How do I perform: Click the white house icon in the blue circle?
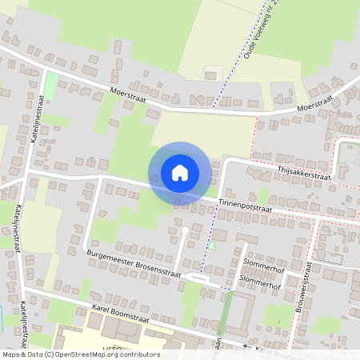[180, 172]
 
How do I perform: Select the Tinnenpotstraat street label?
[244, 208]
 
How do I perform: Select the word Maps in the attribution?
[13, 354]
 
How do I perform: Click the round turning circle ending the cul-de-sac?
[185, 230]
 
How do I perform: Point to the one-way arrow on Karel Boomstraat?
[246, 345]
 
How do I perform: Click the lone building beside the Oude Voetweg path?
[210, 75]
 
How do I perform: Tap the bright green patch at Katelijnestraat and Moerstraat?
[50, 85]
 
